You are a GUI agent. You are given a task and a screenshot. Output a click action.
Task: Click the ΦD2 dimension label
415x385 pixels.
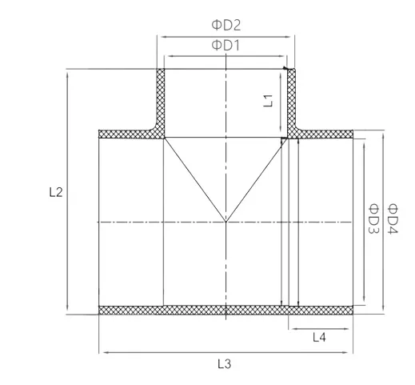(x=226, y=25)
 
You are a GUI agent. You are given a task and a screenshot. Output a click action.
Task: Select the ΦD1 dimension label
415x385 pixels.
(x=226, y=46)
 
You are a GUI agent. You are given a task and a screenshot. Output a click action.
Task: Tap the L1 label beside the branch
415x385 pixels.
(x=269, y=100)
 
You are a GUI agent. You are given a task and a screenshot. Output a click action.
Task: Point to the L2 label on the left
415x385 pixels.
(x=55, y=192)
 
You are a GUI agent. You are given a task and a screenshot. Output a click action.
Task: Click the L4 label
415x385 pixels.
(x=318, y=338)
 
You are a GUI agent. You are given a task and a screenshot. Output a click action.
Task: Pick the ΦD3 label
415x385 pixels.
(x=373, y=219)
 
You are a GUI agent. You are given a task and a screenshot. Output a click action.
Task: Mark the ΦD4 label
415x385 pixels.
(x=393, y=219)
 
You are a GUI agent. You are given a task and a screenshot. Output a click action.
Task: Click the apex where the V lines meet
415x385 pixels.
(x=226, y=221)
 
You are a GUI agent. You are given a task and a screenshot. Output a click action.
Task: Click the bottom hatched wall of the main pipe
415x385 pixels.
(x=226, y=310)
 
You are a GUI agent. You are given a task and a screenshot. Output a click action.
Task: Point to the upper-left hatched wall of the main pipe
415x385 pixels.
(x=128, y=134)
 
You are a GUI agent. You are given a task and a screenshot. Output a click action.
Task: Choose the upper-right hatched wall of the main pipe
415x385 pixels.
(x=324, y=134)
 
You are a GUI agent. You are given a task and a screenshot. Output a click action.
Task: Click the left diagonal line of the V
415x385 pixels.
(x=195, y=179)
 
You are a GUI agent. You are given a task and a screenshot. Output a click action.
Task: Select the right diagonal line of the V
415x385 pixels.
(x=256, y=179)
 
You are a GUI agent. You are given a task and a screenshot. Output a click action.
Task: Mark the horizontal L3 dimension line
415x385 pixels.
(x=160, y=351)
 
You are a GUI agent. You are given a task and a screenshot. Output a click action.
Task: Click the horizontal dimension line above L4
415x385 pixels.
(x=320, y=328)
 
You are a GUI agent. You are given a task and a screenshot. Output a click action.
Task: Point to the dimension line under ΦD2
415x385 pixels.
(x=192, y=35)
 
